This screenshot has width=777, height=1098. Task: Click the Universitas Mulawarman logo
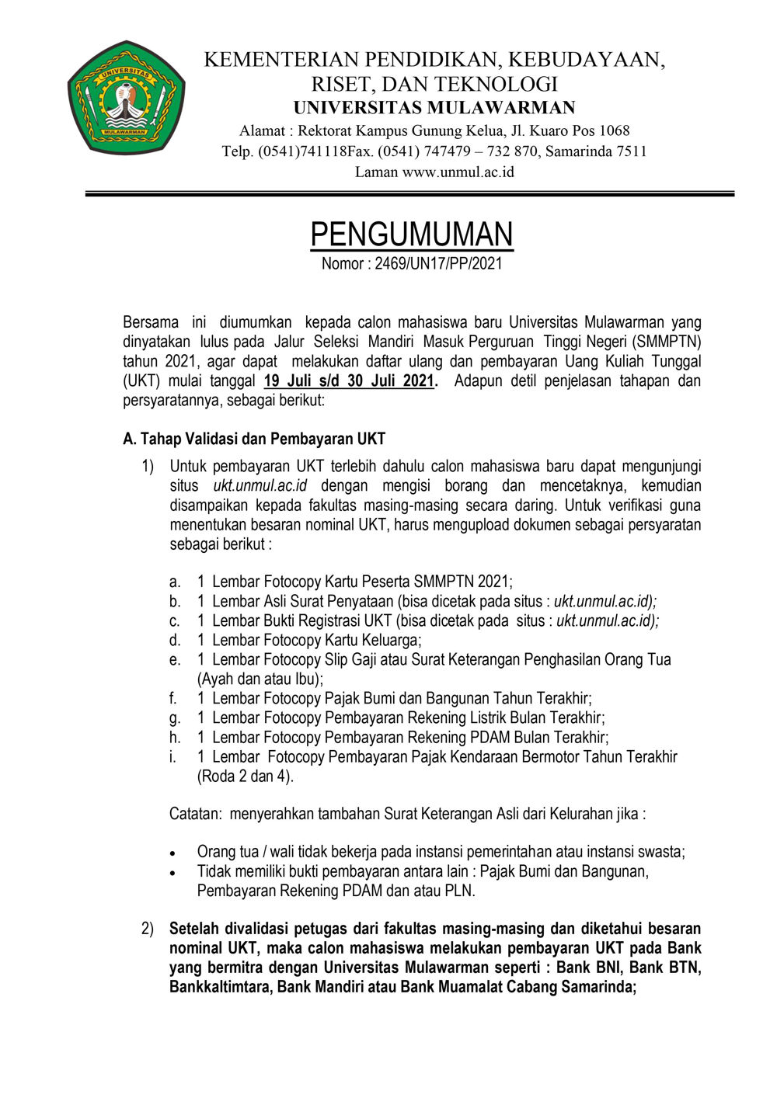point(126,98)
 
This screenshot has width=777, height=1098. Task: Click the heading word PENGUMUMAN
point(412,234)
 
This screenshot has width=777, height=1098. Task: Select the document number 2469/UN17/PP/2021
point(438,264)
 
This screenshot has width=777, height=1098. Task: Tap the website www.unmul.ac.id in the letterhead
point(458,172)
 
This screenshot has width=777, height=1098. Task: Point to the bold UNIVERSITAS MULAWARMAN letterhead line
point(434,108)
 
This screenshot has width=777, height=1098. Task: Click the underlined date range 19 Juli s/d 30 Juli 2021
point(349,380)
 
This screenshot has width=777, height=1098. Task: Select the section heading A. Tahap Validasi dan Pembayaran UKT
point(254,439)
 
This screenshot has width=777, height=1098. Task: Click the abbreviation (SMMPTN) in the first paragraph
point(667,342)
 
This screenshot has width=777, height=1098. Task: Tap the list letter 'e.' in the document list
point(175,659)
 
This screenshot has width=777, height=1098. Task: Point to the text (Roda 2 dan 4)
point(246,776)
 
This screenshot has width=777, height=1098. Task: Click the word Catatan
point(195,814)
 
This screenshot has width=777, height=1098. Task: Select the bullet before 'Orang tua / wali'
point(173,853)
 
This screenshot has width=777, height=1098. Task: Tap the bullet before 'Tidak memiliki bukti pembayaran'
point(173,872)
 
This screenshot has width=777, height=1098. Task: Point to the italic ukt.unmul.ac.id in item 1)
point(260,486)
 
